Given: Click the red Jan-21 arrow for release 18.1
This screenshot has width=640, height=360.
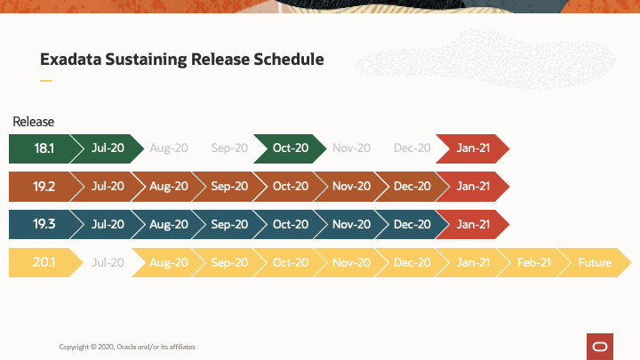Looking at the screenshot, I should [473, 148].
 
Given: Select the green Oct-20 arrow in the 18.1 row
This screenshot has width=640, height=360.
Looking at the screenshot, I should [291, 148].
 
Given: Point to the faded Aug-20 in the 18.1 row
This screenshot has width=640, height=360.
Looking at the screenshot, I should [169, 148].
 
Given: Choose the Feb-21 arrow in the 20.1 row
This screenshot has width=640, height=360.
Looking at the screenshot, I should [534, 263].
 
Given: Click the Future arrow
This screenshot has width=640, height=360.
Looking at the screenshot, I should [595, 263].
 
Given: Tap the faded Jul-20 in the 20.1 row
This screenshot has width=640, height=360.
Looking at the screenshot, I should [108, 263].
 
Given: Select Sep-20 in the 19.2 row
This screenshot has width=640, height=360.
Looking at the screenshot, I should [229, 187].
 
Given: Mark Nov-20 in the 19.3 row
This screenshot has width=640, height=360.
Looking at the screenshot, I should [351, 225].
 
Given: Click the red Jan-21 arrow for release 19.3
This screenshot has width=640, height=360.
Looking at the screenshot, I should [473, 225].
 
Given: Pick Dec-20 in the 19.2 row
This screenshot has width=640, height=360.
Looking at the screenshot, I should [412, 187].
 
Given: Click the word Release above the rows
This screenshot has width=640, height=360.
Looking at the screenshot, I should [34, 122].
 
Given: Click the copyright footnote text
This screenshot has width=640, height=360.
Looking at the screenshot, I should [127, 346].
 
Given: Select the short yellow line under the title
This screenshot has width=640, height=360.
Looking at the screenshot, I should [46, 81].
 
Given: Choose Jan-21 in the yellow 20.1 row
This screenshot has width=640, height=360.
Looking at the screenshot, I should [473, 263].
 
